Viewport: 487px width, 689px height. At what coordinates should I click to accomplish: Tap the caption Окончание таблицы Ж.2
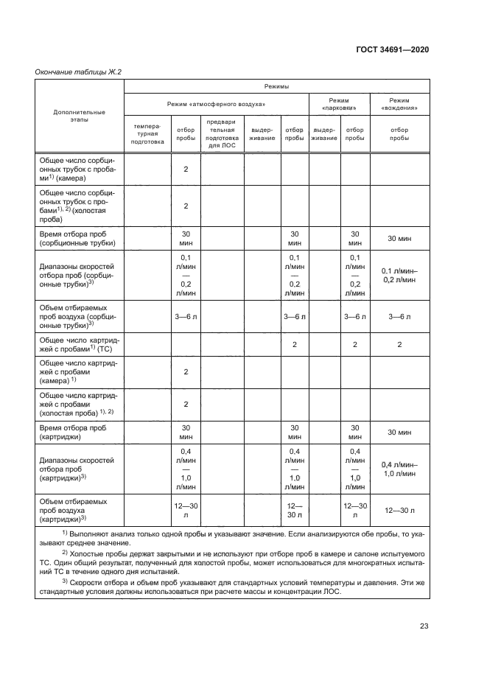coord(78,71)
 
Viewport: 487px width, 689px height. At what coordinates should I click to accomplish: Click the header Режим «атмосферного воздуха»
coord(217,105)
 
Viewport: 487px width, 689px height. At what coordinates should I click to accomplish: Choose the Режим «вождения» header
coord(399,105)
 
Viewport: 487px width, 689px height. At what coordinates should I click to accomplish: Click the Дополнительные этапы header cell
coord(80,116)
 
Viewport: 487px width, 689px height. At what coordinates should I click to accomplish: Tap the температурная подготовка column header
coord(147,133)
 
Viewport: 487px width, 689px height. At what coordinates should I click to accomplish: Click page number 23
coord(424,626)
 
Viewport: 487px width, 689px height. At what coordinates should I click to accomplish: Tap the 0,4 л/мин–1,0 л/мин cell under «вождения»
coord(399,469)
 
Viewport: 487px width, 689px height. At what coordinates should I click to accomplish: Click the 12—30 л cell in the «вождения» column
coord(399,509)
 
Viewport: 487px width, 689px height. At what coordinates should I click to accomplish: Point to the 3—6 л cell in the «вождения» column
coord(399,316)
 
